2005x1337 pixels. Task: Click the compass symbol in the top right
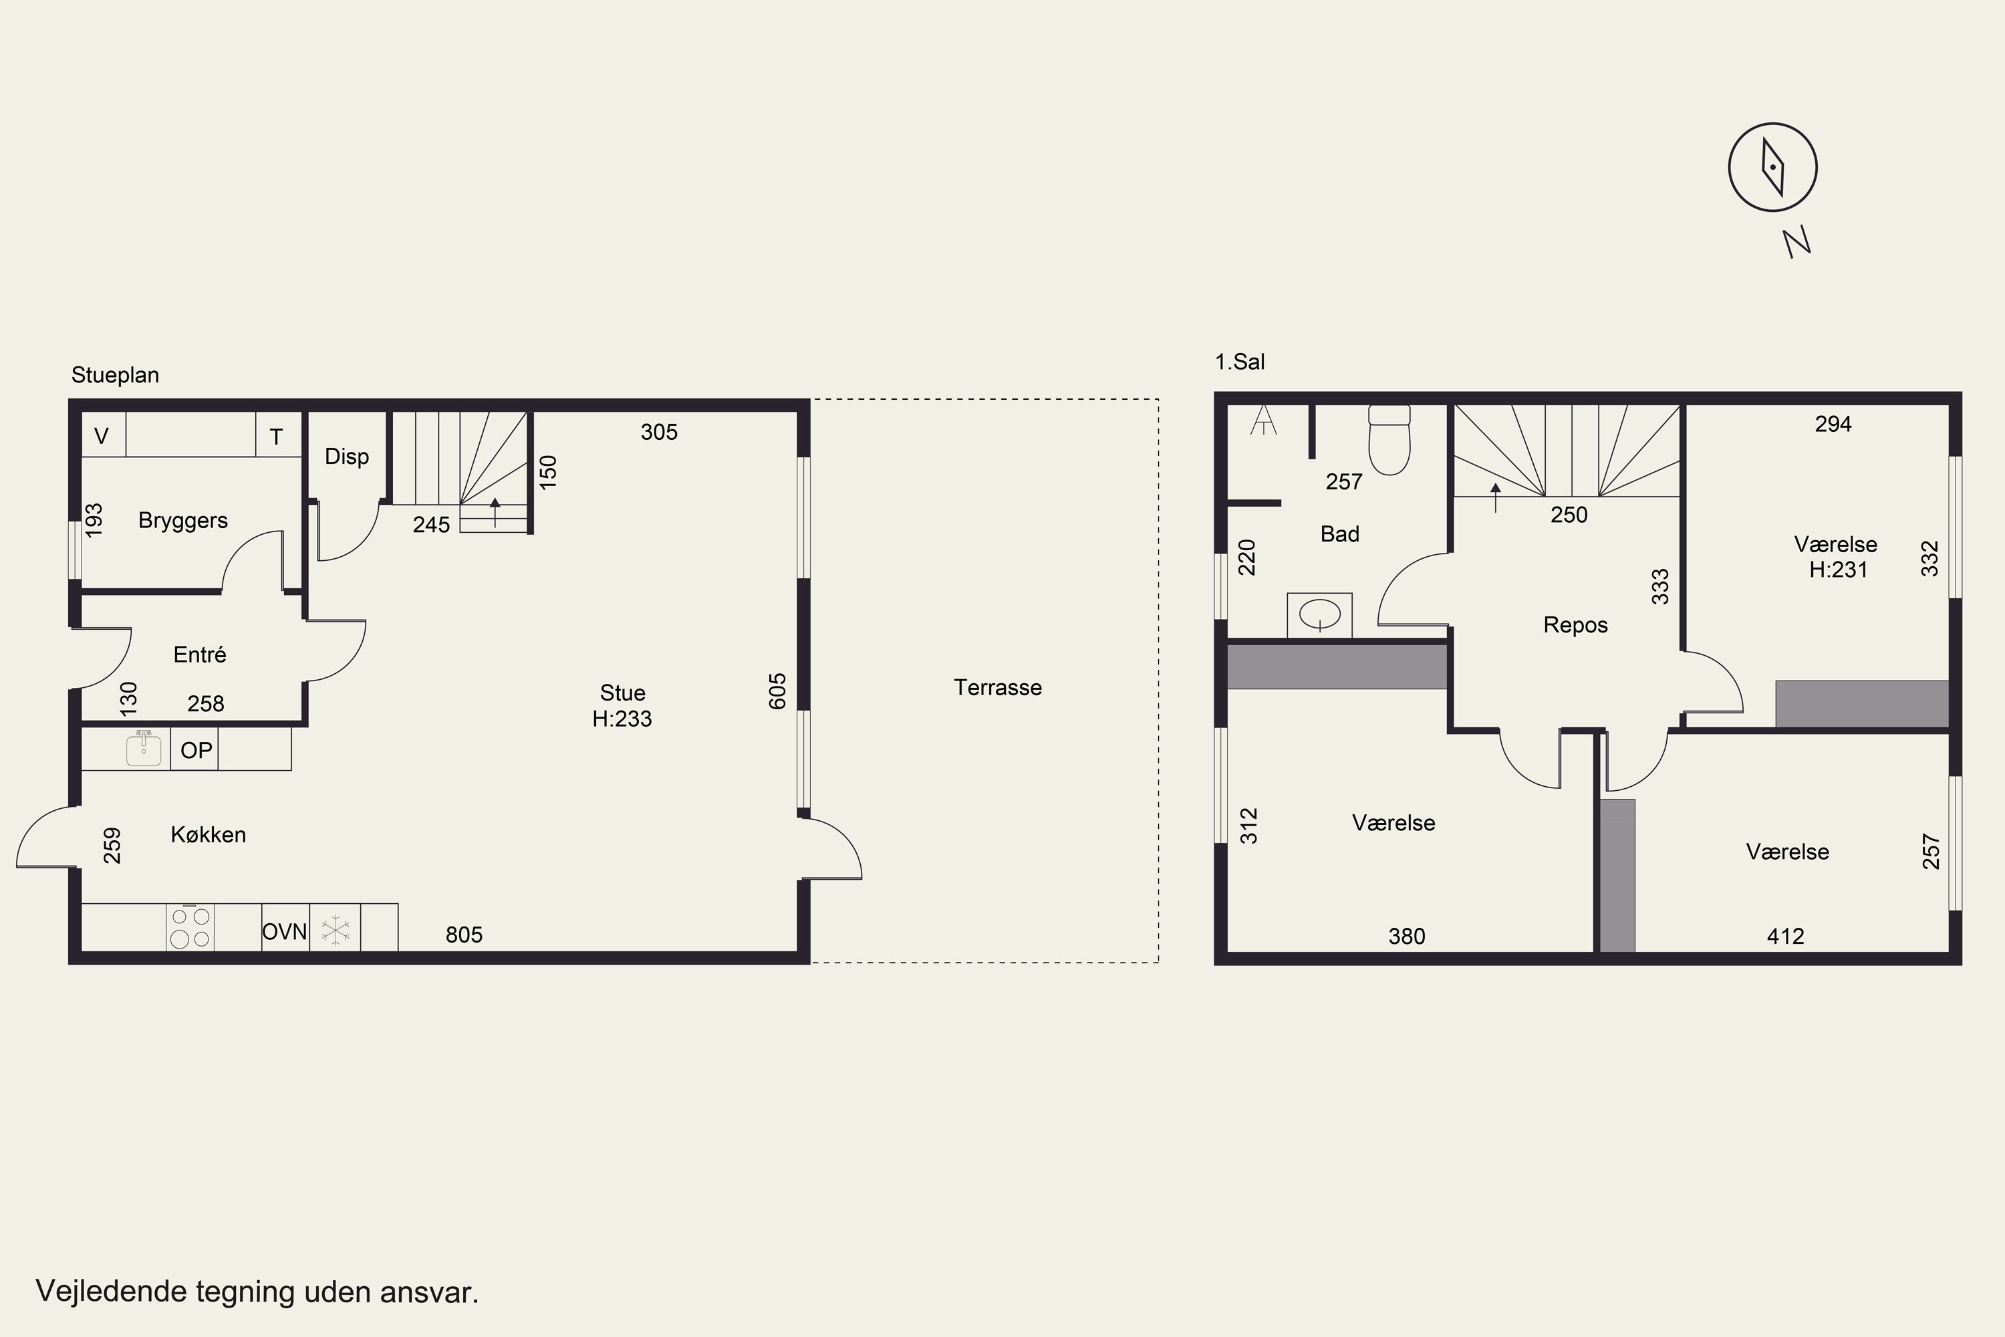tap(1773, 167)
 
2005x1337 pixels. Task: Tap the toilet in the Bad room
tap(1389, 439)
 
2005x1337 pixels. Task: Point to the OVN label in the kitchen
tap(285, 932)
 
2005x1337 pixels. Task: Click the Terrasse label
tap(997, 687)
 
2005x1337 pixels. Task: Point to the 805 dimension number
tap(464, 935)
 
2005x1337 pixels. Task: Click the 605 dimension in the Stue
tap(777, 691)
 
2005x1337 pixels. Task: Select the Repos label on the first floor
tap(1575, 625)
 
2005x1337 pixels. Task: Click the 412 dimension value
tap(1785, 937)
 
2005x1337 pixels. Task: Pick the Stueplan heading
tap(115, 375)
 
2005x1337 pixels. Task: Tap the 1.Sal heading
tap(1240, 362)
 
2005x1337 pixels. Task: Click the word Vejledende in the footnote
tap(111, 1291)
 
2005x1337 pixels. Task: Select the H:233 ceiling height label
tap(622, 719)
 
